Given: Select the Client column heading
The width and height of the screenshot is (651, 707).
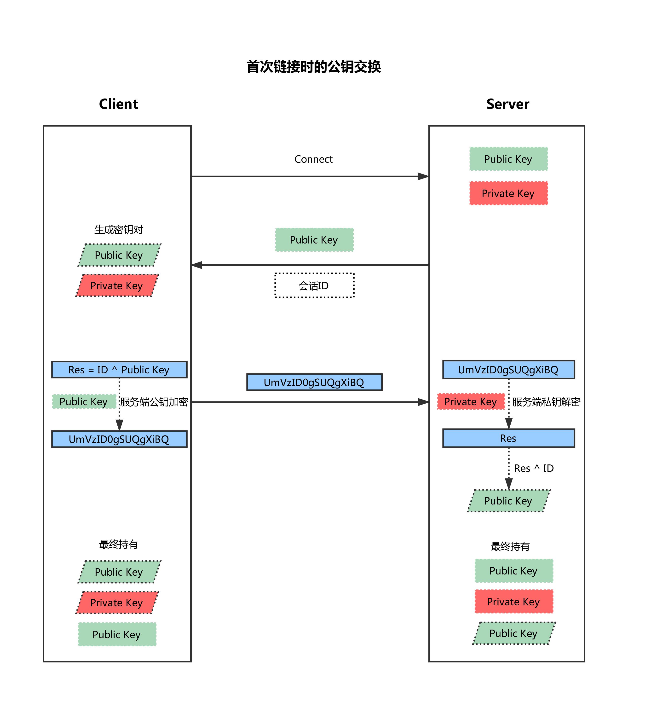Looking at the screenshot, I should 118,104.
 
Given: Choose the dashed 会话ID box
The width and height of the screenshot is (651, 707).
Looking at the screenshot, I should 314,285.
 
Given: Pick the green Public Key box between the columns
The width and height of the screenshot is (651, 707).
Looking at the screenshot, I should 314,240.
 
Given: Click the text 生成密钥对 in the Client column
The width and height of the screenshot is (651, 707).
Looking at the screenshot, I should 118,230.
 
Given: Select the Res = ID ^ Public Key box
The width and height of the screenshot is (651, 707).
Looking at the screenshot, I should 119,370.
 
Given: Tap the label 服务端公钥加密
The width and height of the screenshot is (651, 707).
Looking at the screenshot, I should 154,402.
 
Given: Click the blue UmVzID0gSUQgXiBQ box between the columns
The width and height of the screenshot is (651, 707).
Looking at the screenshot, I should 314,382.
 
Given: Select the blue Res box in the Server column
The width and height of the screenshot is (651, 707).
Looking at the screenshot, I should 508,438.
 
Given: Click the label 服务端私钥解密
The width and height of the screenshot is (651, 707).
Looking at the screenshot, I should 546,402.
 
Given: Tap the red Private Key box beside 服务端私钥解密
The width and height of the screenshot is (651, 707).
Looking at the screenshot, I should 471,402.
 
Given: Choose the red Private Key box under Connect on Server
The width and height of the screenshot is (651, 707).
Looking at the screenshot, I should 508,193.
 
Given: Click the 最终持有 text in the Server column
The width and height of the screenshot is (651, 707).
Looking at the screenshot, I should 510,546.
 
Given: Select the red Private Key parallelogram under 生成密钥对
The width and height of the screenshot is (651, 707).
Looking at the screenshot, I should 117,286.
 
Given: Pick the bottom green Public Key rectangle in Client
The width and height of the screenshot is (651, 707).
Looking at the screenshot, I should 117,634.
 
